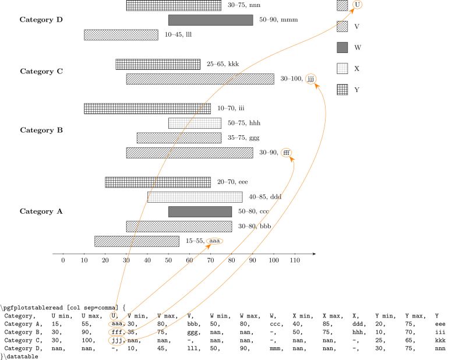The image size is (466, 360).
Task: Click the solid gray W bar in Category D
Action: pyautogui.click(x=210, y=20)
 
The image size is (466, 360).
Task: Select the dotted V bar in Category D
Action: pyautogui.click(x=121, y=34)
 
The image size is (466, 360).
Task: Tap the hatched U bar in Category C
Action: pyautogui.click(x=200, y=79)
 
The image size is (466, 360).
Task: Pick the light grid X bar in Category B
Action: pyautogui.click(x=195, y=123)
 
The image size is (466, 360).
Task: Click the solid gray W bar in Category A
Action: pyautogui.click(x=200, y=211)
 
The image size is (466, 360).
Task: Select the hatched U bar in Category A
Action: pyautogui.click(x=136, y=241)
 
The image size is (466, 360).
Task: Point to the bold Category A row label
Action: pyautogui.click(x=41, y=211)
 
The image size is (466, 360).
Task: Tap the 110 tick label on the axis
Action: pyautogui.click(x=295, y=260)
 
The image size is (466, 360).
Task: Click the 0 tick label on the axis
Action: pyautogui.click(x=63, y=260)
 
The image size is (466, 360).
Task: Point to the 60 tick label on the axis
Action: pyautogui.click(x=189, y=260)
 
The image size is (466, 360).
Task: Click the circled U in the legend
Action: pyautogui.click(x=357, y=5)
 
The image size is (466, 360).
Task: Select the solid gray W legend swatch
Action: pyautogui.click(x=343, y=47)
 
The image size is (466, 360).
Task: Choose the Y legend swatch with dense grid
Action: pyautogui.click(x=343, y=90)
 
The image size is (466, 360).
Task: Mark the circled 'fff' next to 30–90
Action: pyautogui.click(x=286, y=153)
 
